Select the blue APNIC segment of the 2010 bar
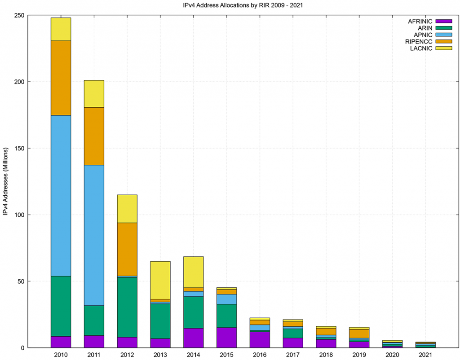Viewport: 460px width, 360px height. (x=61, y=196)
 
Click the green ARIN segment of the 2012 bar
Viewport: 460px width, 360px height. (x=127, y=307)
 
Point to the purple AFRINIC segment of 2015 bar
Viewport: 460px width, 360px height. (x=226, y=338)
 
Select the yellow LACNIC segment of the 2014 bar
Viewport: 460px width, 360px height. (x=194, y=272)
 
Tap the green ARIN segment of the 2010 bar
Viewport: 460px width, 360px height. (x=61, y=306)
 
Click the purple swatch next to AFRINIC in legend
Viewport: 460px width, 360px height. (x=443, y=21)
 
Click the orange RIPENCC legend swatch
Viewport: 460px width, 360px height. (x=443, y=41)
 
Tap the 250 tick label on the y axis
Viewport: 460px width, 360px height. (x=18, y=15)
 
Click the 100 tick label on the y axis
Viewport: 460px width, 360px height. (x=18, y=215)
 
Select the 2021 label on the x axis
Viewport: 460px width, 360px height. (x=425, y=355)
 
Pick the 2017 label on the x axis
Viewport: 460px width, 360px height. (x=293, y=355)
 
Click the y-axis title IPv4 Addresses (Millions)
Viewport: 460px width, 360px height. (x=6, y=180)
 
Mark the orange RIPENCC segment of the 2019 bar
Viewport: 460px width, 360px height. (x=359, y=334)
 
